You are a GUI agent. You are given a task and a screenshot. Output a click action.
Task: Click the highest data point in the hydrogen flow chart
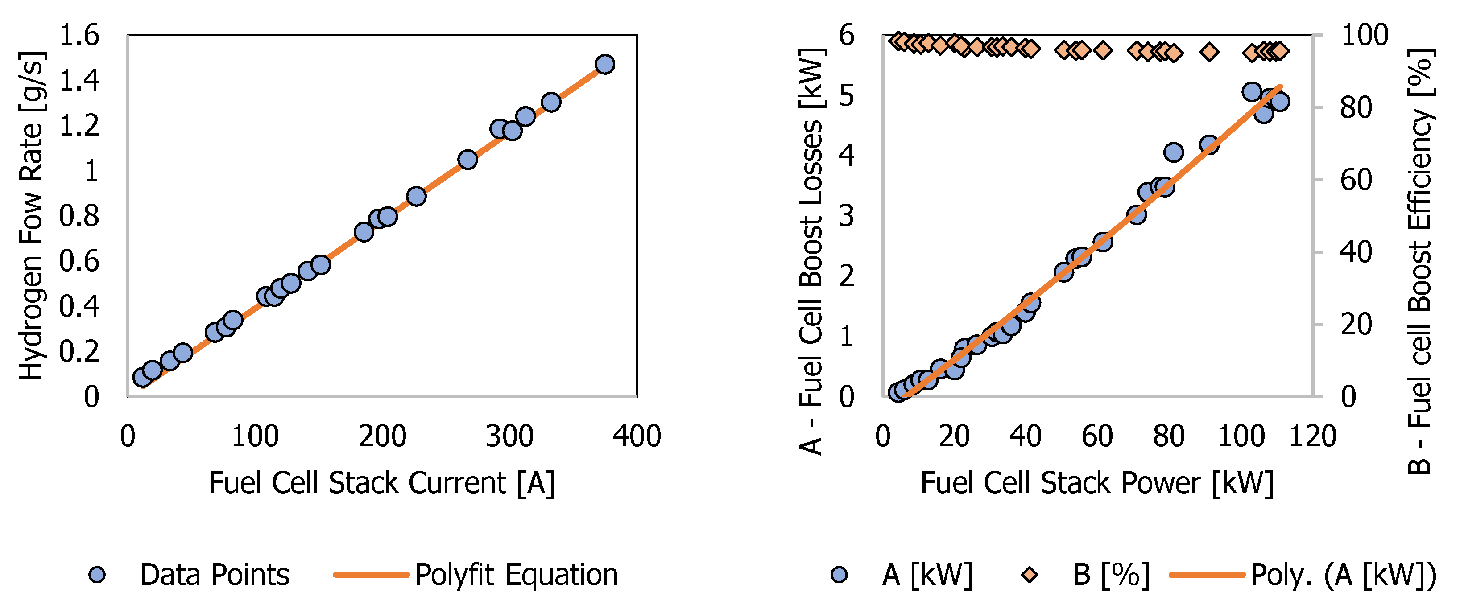[605, 64]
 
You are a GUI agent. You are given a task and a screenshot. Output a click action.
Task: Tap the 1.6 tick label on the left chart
[79, 35]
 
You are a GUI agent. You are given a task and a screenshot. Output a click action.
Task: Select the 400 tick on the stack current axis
[637, 436]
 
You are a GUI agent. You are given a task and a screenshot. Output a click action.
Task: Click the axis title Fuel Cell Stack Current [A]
[382, 483]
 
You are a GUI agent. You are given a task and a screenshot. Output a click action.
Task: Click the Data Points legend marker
[98, 575]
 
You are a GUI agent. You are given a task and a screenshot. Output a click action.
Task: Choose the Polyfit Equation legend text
[516, 575]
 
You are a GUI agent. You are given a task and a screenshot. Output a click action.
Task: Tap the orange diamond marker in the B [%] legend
[1029, 575]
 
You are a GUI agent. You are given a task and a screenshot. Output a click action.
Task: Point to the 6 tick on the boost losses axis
[847, 35]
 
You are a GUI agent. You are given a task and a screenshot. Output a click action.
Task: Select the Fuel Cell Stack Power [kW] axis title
[1097, 483]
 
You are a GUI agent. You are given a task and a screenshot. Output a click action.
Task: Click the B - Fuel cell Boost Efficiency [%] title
[1420, 261]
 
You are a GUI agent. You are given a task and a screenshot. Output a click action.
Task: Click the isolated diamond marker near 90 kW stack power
[1209, 52]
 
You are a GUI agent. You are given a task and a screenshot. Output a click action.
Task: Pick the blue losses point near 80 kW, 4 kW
[1173, 152]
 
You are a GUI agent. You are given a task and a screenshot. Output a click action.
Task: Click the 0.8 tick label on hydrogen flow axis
[79, 216]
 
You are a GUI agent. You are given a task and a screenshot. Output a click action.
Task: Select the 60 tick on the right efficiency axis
[1356, 180]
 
